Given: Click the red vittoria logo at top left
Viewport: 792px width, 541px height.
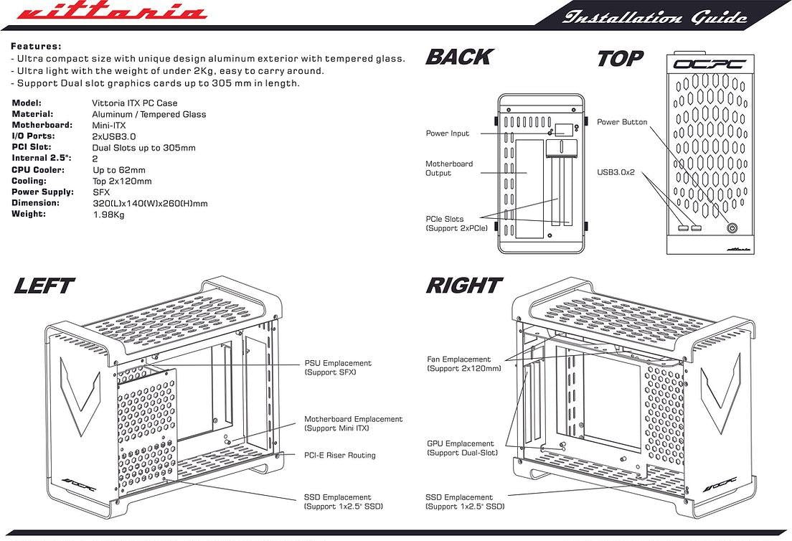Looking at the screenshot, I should point(110,14).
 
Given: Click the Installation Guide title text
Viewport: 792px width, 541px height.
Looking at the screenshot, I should point(655,17).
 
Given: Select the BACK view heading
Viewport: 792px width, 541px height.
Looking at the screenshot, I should point(459,57).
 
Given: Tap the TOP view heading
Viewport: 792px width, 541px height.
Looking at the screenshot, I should point(620,58).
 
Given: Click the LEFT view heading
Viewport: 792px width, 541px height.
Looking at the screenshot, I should point(44,286).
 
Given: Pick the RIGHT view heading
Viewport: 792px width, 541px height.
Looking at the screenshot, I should point(463,286).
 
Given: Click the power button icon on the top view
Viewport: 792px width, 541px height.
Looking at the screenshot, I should point(732,228).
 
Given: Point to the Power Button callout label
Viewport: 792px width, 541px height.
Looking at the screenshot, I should point(622,122).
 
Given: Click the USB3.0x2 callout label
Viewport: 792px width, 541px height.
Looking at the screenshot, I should point(616,172).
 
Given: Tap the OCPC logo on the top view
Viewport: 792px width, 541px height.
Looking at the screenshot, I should point(709,65).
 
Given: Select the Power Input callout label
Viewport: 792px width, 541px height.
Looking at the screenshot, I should point(448,133).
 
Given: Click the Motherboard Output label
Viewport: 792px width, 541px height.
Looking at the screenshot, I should point(449,169).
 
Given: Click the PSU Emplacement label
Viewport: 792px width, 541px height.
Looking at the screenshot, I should point(338,368).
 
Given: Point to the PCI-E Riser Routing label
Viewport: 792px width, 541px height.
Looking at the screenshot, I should point(339,455).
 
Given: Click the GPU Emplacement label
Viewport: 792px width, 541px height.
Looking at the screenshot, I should point(461,448).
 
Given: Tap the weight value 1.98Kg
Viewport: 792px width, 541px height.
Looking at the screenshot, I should point(109,215).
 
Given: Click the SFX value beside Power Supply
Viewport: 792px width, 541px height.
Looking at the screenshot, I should point(100,192).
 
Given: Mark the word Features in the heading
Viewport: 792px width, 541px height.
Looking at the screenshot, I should point(36,45).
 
